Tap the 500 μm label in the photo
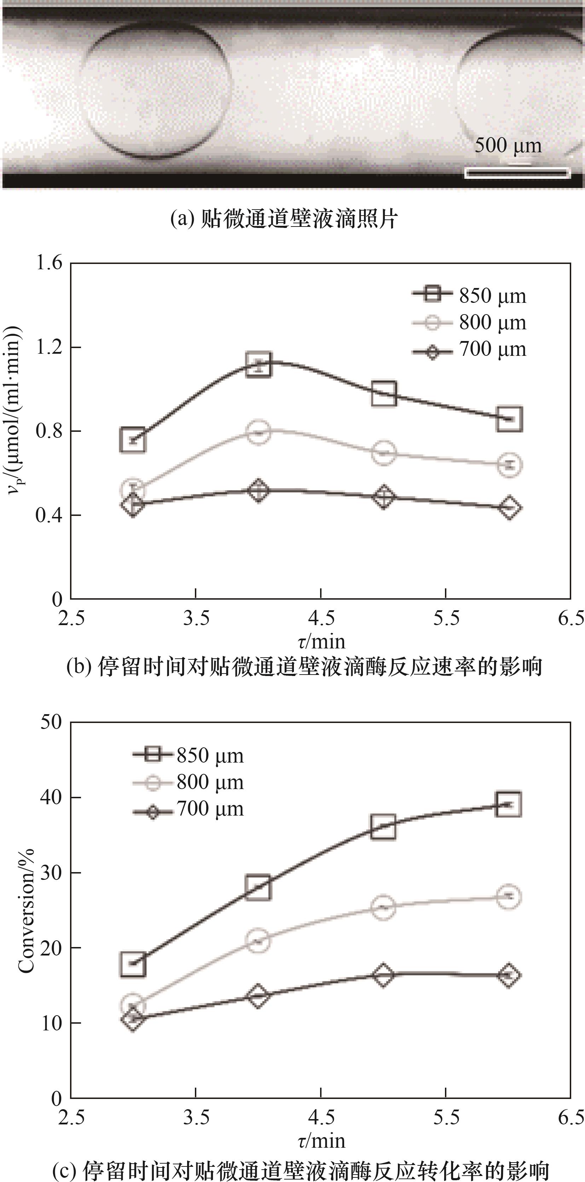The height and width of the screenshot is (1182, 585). coord(508,146)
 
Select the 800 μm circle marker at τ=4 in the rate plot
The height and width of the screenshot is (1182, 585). coord(259,431)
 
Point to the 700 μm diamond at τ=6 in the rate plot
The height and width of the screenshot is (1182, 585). coord(509,507)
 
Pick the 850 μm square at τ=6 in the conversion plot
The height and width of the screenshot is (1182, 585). coord(508,804)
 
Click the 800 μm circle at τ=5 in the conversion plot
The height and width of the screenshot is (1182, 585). coord(383,907)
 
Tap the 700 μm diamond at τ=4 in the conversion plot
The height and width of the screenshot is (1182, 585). coord(258,996)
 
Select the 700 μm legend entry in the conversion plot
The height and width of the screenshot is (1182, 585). coord(188,809)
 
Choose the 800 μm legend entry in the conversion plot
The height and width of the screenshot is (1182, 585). coord(188,782)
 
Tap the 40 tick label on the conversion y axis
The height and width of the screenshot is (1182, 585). coord(51,798)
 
